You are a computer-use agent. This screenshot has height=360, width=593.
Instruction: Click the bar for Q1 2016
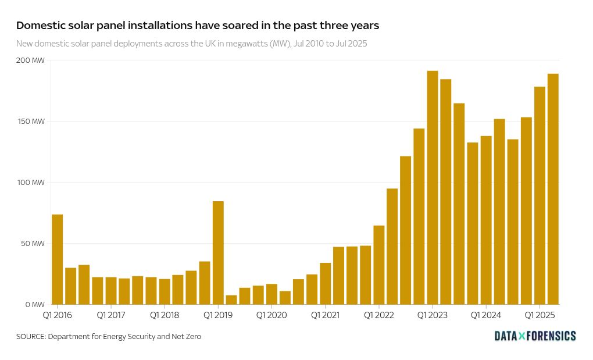tap(57, 259)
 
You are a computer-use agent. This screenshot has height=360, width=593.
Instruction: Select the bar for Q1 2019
tap(218, 253)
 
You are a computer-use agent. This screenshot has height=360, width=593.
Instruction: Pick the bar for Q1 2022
tap(379, 265)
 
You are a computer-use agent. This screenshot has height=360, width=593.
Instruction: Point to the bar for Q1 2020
tap(272, 294)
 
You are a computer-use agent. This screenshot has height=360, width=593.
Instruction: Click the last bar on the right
tap(553, 189)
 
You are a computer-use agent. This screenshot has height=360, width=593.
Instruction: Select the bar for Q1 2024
tap(486, 220)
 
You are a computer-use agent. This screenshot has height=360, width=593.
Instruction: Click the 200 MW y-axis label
tap(30, 60)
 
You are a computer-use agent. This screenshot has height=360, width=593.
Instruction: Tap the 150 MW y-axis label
tap(31, 122)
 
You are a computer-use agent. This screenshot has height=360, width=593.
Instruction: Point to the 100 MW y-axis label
tap(31, 183)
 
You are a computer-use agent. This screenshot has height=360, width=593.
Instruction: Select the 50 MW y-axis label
tap(33, 244)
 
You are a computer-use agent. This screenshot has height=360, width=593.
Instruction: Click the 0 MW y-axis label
tap(34, 305)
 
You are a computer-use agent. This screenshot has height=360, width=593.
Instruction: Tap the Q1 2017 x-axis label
tap(110, 315)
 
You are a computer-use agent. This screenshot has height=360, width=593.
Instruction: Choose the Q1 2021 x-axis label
tap(325, 315)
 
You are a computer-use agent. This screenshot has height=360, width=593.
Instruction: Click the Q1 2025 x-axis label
tap(539, 315)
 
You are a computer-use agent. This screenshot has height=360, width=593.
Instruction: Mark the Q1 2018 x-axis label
tap(164, 315)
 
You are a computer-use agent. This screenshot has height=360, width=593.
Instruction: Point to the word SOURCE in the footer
tap(30, 337)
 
